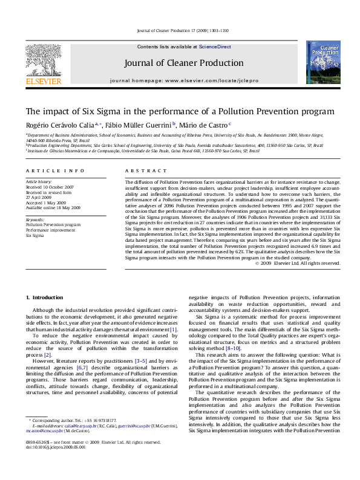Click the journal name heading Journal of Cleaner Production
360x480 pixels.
point(180,62)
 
